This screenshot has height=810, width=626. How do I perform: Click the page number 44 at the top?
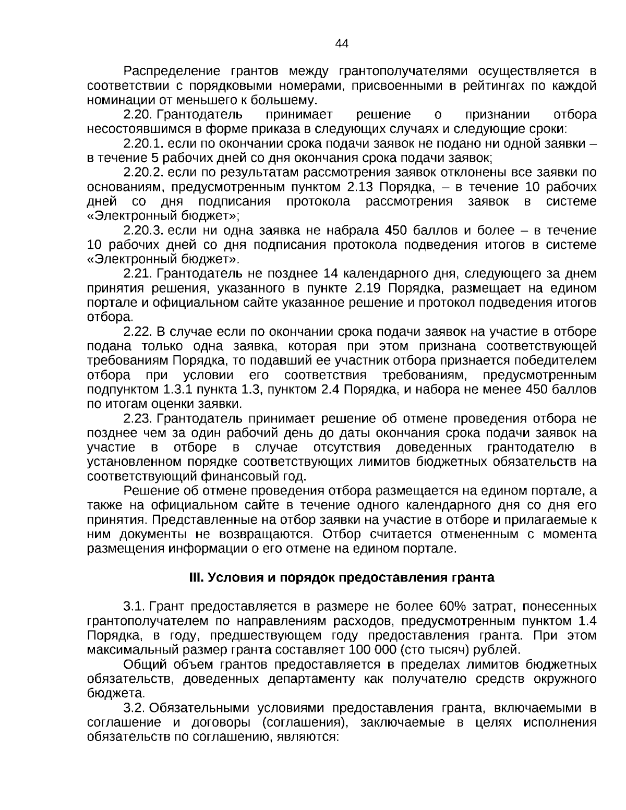[x=342, y=43]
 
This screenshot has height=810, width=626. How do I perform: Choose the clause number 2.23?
[x=137, y=419]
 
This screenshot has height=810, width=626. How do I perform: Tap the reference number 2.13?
[x=359, y=187]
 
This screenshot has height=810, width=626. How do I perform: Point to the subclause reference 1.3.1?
[x=178, y=390]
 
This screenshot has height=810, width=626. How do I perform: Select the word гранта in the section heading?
[x=476, y=578]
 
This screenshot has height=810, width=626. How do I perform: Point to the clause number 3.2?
[x=135, y=708]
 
